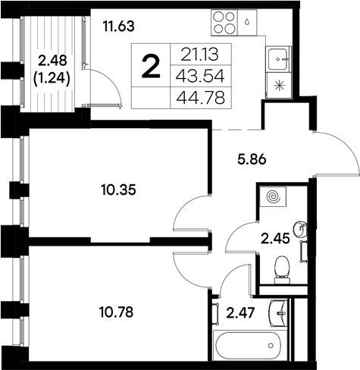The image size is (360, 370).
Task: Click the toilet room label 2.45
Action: [275, 240]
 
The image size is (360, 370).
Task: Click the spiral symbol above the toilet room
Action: [274, 196]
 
